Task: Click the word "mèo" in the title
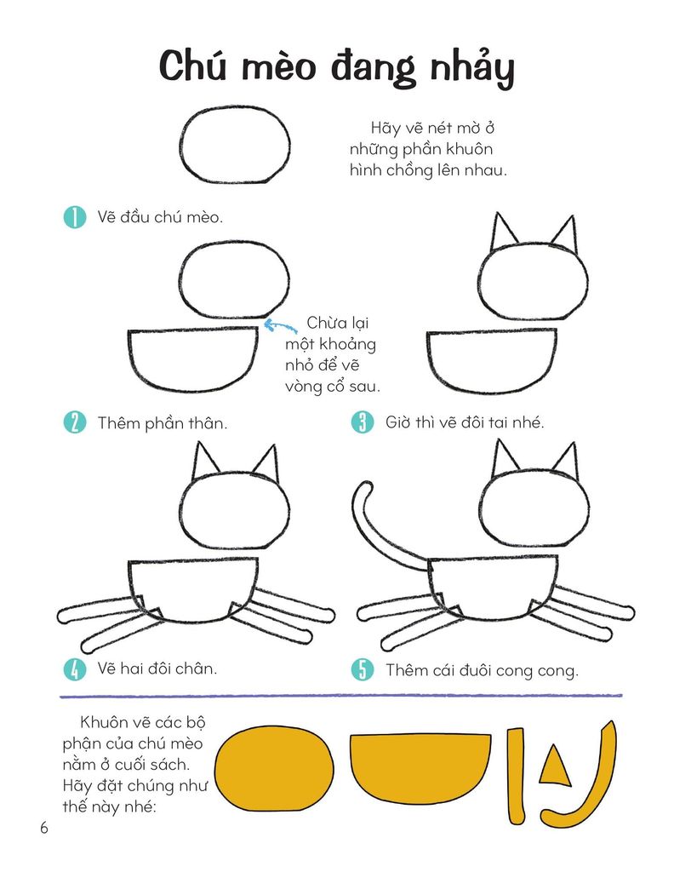pyautogui.click(x=280, y=68)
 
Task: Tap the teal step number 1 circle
pyautogui.click(x=74, y=217)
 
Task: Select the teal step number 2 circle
pyautogui.click(x=74, y=422)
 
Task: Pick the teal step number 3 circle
pyautogui.click(x=363, y=422)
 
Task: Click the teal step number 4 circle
pyautogui.click(x=74, y=669)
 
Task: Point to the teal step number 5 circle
pyautogui.click(x=363, y=669)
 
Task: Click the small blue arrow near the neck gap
pyautogui.click(x=279, y=325)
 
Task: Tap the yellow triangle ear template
pyautogui.click(x=555, y=766)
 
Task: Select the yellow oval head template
pyautogui.click(x=275, y=769)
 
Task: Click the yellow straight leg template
pyautogui.click(x=517, y=776)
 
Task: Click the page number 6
pyautogui.click(x=44, y=828)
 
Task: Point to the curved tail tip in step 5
pyautogui.click(x=365, y=484)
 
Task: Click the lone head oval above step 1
pyautogui.click(x=235, y=145)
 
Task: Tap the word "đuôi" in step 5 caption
pyautogui.click(x=458, y=670)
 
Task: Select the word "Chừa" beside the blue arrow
pyautogui.click(x=327, y=323)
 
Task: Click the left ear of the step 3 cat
pyautogui.click(x=503, y=232)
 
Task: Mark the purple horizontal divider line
pyautogui.click(x=341, y=696)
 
